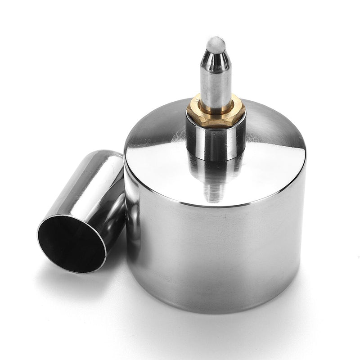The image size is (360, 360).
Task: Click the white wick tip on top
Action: point(216,44)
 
